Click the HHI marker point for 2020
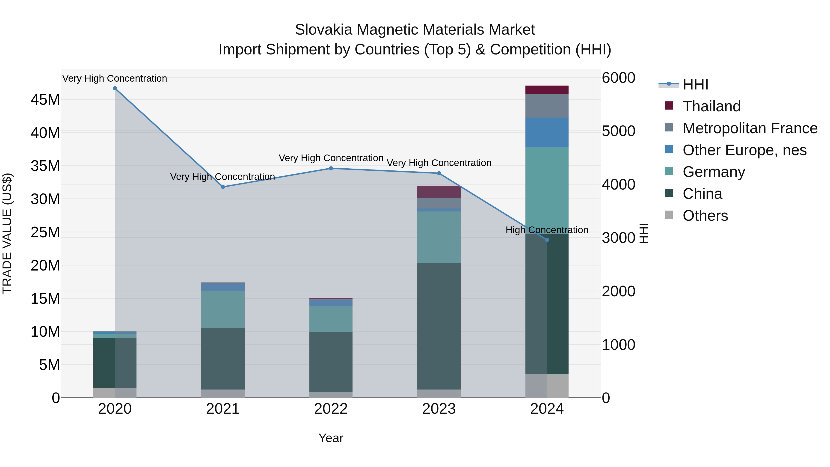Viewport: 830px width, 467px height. [115, 88]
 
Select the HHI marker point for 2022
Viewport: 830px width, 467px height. [331, 168]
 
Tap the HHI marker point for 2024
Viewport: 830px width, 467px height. [547, 240]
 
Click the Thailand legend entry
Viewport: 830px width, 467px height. [711, 106]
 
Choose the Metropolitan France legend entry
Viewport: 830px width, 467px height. [750, 128]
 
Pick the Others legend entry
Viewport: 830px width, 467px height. [705, 216]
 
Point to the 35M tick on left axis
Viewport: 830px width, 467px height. [45, 166]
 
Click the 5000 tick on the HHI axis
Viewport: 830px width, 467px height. [618, 131]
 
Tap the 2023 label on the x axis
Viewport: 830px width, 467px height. [439, 409]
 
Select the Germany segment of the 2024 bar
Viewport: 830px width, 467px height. [547, 190]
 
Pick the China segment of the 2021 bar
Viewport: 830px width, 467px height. [223, 358]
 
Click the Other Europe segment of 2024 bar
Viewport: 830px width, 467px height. [547, 132]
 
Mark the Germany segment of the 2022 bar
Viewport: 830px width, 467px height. [331, 319]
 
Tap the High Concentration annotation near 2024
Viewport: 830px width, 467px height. [547, 230]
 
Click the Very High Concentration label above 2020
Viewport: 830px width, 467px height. [115, 78]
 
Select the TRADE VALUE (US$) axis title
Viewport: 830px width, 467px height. [7, 233]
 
